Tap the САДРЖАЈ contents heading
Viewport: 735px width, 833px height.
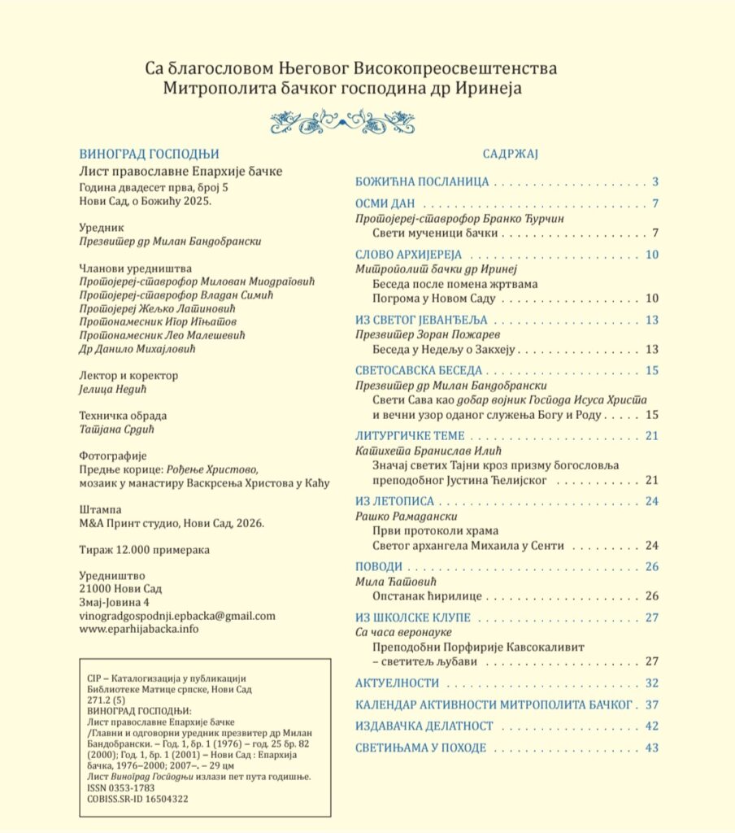point(506,154)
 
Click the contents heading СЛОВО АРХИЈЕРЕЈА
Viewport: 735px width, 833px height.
point(408,255)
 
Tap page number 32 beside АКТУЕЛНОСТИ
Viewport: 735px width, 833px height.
point(650,683)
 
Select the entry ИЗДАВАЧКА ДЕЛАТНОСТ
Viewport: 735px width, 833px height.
point(424,726)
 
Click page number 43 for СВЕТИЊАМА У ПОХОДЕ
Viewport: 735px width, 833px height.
point(650,748)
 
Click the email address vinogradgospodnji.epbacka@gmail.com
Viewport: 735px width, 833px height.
point(177,616)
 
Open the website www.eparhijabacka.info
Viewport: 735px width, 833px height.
point(139,629)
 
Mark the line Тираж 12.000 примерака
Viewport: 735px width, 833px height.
point(144,550)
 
